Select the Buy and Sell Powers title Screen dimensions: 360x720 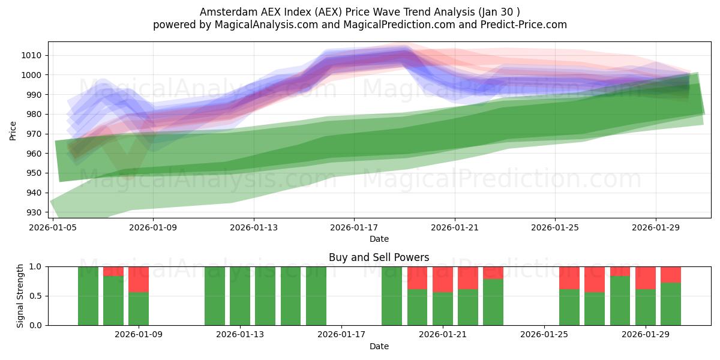379,257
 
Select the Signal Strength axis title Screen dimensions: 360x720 20,296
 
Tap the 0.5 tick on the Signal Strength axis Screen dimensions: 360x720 35,296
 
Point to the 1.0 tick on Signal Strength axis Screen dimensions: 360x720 35,266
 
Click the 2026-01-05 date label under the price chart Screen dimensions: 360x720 53,227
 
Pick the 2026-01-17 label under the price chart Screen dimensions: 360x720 354,227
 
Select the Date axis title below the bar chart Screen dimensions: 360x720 379,346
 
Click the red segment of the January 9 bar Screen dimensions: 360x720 139,279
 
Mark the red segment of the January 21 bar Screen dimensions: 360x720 443,279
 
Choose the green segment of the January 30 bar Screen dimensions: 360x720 671,304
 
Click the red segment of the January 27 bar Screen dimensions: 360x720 595,279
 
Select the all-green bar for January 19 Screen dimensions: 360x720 392,296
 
